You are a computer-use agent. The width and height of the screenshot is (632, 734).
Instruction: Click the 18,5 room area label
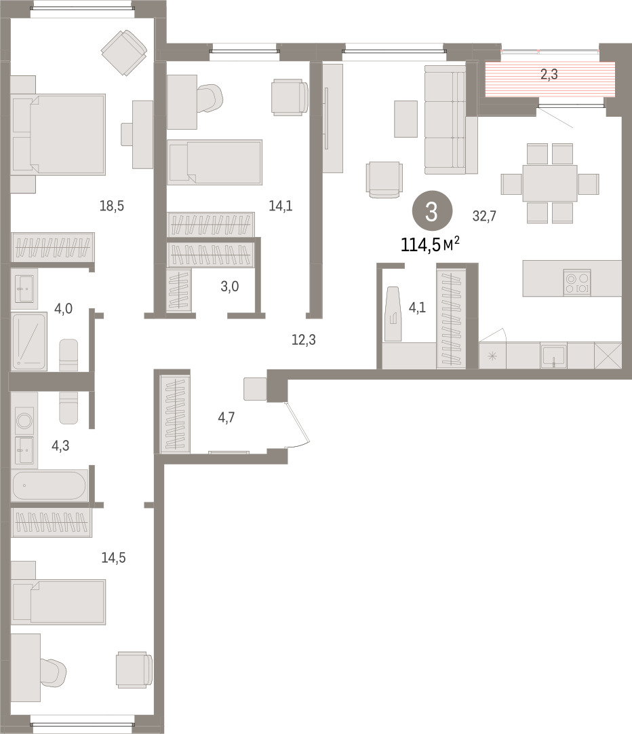[x=112, y=206]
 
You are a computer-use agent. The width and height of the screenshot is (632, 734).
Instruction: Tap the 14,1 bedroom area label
[x=281, y=206]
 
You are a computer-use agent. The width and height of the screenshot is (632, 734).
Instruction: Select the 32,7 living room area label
[x=484, y=216]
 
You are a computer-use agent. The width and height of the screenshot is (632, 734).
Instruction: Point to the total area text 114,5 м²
[x=430, y=244]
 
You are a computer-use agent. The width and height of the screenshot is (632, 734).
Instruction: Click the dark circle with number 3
[x=432, y=212]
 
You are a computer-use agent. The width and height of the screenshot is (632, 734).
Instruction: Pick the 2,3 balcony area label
[x=549, y=74]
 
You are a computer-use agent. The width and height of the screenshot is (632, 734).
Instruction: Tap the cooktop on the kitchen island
[x=577, y=282]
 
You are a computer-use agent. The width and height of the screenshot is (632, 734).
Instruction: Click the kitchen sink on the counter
[x=554, y=355]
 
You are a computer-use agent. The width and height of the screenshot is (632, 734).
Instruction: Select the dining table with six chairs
[x=550, y=183]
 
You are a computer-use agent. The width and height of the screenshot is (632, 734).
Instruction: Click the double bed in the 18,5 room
[x=58, y=134]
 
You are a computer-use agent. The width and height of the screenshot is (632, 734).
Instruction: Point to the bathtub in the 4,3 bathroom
[x=49, y=485]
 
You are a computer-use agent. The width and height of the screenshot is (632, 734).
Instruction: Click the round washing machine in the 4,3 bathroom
[x=24, y=420]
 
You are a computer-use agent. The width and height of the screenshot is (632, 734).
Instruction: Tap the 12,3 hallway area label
[x=303, y=340]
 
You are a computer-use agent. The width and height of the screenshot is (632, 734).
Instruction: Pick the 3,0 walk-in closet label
[x=229, y=286]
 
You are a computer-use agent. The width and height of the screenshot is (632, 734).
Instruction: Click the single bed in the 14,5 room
[x=58, y=602]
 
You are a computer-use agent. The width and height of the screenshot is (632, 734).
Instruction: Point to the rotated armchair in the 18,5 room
[x=125, y=52]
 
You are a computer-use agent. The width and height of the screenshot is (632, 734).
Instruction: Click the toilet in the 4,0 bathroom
[x=68, y=355]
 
